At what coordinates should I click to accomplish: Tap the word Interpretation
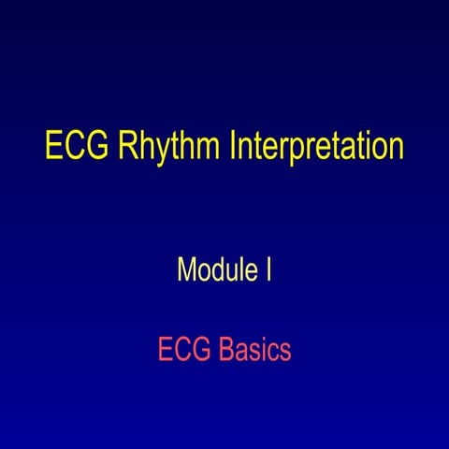313,149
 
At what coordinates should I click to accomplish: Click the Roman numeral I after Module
269,271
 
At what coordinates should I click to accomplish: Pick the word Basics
255,351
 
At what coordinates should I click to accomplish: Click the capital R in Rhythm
126,147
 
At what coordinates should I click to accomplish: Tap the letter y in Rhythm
155,152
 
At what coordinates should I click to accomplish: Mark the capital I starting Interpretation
229,147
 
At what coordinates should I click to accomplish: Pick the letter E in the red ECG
165,351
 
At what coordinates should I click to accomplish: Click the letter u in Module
233,273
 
